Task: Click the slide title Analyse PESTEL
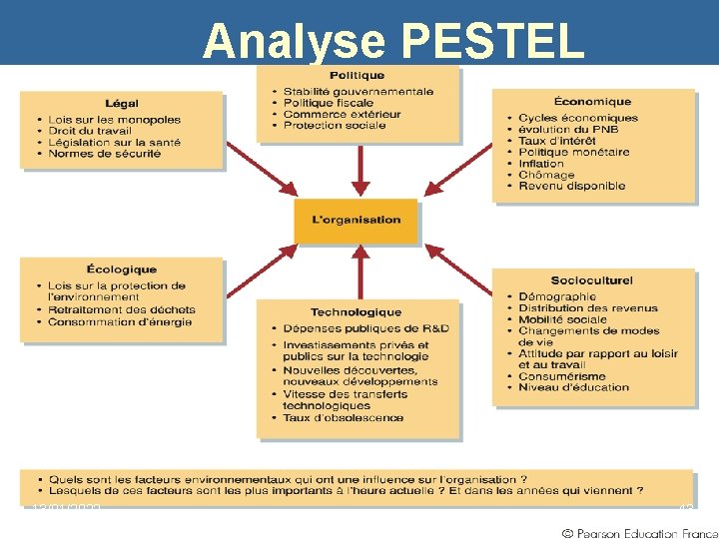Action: click(393, 41)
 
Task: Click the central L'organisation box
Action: click(357, 221)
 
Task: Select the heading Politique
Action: click(357, 76)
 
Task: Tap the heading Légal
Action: click(121, 104)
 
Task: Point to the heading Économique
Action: click(592, 102)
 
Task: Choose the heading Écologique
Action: click(121, 269)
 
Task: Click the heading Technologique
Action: click(356, 312)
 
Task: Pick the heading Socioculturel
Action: click(591, 280)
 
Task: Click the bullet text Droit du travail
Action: click(92, 132)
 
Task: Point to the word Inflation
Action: click(541, 163)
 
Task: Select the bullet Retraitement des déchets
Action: click(121, 309)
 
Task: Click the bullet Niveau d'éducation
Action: click(573, 387)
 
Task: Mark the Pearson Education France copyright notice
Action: click(639, 531)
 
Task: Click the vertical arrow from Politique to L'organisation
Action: click(361, 172)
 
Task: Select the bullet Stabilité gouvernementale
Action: click(358, 92)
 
